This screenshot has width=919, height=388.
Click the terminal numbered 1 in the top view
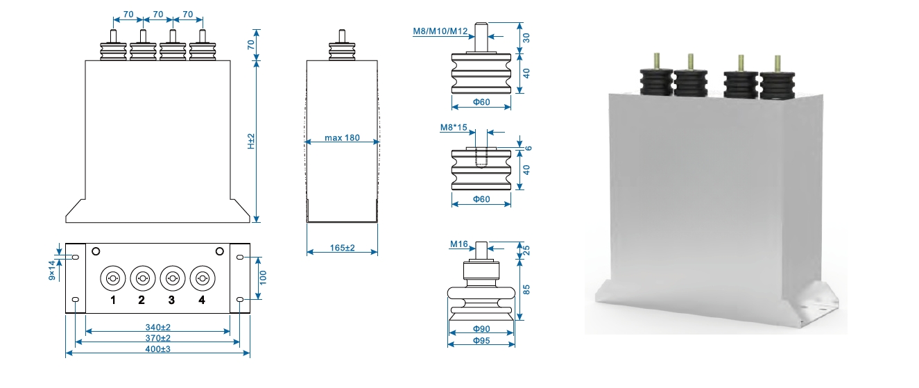pyautogui.click(x=112, y=278)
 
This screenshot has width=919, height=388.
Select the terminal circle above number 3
pyautogui.click(x=172, y=278)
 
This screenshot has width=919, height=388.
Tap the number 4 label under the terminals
pyautogui.click(x=201, y=300)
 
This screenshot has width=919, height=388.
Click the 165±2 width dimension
pyautogui.click(x=341, y=248)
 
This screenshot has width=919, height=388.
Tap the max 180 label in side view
pyautogui.click(x=342, y=138)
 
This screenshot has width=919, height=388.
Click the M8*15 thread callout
pyautogui.click(x=454, y=128)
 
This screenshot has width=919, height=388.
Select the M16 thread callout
pyautogui.click(x=459, y=244)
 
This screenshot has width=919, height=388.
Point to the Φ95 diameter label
pyautogui.click(x=481, y=341)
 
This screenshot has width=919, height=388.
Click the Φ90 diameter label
pyautogui.click(x=481, y=328)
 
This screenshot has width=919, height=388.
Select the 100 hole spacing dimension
pyautogui.click(x=263, y=278)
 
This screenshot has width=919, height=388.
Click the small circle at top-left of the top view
pyautogui.click(x=96, y=251)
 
